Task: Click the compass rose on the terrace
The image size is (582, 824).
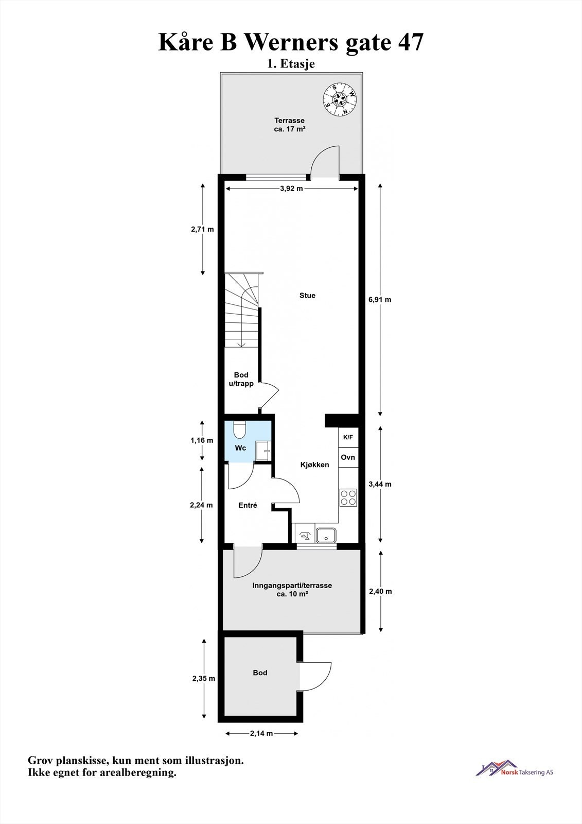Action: tap(340, 99)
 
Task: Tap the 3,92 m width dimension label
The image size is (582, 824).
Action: tap(291, 188)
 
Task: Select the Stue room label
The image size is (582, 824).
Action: tap(307, 296)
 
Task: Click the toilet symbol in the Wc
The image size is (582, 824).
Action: tap(240, 430)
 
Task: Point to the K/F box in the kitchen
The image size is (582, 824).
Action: tap(348, 437)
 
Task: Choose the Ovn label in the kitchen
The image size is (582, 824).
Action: tap(348, 457)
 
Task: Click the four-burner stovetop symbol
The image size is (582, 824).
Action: tap(348, 497)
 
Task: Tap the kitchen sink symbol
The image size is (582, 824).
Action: tap(326, 535)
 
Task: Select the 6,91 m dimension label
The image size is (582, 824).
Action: tap(380, 299)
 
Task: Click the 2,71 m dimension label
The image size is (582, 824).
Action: tap(202, 229)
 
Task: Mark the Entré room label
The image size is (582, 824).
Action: tap(248, 506)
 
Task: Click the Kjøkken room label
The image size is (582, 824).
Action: tap(314, 465)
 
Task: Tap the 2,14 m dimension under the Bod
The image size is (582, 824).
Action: tap(261, 733)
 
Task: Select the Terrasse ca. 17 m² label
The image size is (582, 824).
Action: tap(289, 125)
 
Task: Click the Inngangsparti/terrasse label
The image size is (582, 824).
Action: tap(292, 589)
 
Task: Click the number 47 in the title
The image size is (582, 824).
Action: tap(411, 42)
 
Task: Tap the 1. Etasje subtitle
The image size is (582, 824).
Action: tap(291, 64)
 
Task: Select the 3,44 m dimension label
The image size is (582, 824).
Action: tap(380, 484)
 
